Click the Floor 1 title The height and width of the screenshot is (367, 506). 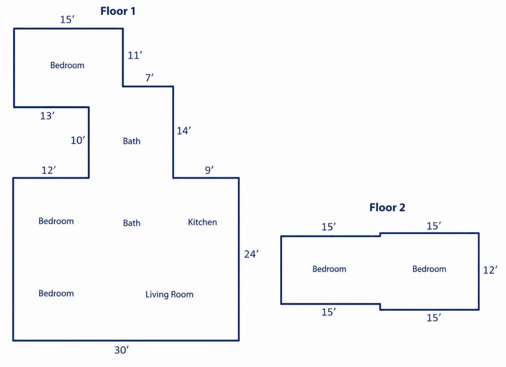pos(118,11)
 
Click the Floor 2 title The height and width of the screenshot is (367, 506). pos(387,207)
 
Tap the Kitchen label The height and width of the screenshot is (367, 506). pos(202,222)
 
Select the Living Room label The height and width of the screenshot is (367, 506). pos(170,295)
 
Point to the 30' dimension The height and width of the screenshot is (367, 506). pos(122,350)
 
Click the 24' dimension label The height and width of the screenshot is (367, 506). pos(251,255)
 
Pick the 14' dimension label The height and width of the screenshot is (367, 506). pos(183,130)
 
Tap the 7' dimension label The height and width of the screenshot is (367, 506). pos(149,78)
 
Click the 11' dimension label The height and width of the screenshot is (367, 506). pos(135,55)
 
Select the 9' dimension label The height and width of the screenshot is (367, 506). pos(209,170)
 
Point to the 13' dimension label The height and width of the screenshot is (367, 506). pos(47,116)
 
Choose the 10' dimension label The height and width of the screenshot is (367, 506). pos(78,140)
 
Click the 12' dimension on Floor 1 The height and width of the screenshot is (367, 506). pos(49,170)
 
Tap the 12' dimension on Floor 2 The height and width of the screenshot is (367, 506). pos(490,270)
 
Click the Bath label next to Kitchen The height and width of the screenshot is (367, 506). pos(132,223)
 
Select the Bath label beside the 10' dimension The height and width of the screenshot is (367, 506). pos(132,141)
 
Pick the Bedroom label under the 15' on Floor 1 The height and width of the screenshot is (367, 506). pos(67,65)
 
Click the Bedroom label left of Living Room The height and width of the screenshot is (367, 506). pos(56,293)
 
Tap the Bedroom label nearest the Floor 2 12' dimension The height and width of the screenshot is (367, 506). pos(429,269)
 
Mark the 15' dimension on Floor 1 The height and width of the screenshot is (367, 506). pos(67,20)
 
